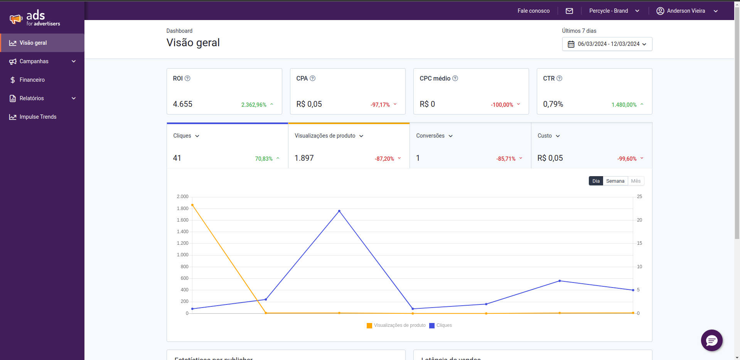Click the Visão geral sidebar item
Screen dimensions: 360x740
pyautogui.click(x=34, y=43)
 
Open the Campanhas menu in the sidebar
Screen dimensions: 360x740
pyautogui.click(x=42, y=61)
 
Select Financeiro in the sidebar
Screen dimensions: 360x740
pyautogui.click(x=32, y=80)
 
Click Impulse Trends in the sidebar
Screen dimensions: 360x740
pyautogui.click(x=38, y=117)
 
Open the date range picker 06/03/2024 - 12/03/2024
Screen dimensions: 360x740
pyautogui.click(x=607, y=44)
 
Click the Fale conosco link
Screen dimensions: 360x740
pyautogui.click(x=533, y=11)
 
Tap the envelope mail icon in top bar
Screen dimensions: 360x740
pyautogui.click(x=569, y=11)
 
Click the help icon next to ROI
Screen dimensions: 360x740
pyautogui.click(x=187, y=78)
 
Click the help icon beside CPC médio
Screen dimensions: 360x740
pyautogui.click(x=455, y=78)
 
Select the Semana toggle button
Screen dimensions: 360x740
pyautogui.click(x=615, y=181)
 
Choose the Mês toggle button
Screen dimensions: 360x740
pyautogui.click(x=635, y=181)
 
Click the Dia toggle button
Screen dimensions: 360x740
pyautogui.click(x=596, y=181)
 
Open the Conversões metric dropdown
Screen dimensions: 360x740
pyautogui.click(x=434, y=136)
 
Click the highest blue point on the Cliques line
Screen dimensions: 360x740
pyautogui.click(x=339, y=211)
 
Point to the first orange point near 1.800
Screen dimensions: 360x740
pyautogui.click(x=192, y=205)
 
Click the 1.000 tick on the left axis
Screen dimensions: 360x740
pyautogui.click(x=182, y=255)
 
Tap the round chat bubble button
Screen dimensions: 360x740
pyautogui.click(x=711, y=340)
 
